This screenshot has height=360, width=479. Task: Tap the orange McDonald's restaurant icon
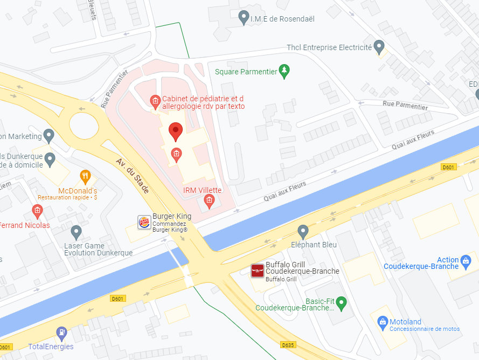click(85, 176)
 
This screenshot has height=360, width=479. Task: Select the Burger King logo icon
click(144, 221)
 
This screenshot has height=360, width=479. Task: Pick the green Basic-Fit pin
click(341, 302)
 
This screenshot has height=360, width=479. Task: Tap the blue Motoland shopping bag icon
click(383, 322)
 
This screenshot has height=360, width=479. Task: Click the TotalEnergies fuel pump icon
click(62, 332)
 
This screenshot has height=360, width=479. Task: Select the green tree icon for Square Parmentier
click(284, 71)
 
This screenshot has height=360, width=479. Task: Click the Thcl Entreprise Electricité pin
click(379, 46)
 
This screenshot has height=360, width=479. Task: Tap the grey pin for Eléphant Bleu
click(303, 232)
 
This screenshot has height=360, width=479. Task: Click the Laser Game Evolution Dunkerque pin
click(76, 232)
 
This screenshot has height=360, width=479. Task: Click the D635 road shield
click(288, 344)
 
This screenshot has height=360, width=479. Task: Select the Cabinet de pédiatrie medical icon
click(155, 101)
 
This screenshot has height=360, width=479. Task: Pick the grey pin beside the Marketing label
click(49, 136)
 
